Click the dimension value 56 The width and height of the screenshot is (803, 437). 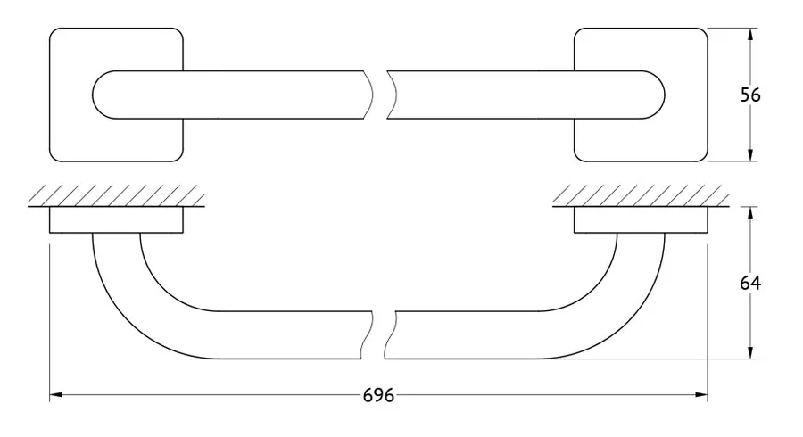point(750,95)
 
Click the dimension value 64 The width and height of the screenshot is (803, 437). point(750,283)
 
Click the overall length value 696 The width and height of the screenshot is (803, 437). point(378,396)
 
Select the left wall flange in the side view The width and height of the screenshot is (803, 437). point(116,220)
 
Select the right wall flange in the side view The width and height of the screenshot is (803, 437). point(641,220)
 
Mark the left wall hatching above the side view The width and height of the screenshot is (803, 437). point(116,196)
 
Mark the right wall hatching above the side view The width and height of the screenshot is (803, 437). point(641,196)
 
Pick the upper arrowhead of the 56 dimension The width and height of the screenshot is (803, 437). point(750,34)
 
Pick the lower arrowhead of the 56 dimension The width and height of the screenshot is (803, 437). point(750,155)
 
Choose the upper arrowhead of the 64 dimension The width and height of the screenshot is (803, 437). point(750,213)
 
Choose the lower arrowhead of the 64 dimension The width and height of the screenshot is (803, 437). point(750,352)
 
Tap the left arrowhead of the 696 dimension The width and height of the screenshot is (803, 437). point(56,395)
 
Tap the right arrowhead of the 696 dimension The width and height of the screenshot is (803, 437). point(701,395)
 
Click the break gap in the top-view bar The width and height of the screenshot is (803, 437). point(379,95)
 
